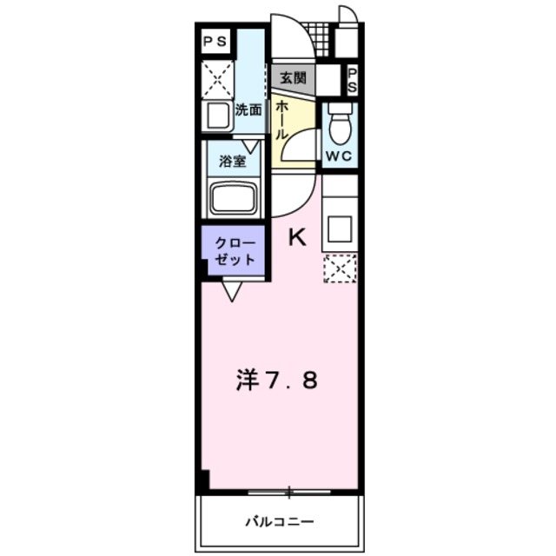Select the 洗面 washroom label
tap(248, 110)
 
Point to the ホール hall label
tap(282, 121)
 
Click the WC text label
tap(340, 156)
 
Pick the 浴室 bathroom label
tap(232, 161)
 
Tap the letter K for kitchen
tap(296, 236)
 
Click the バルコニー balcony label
tap(279, 522)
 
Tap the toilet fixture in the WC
tap(340, 124)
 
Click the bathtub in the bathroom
tap(233, 201)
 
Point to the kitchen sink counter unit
tap(340, 222)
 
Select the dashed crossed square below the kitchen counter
tap(340, 268)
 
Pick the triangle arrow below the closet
tap(232, 290)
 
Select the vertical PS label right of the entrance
tap(354, 81)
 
